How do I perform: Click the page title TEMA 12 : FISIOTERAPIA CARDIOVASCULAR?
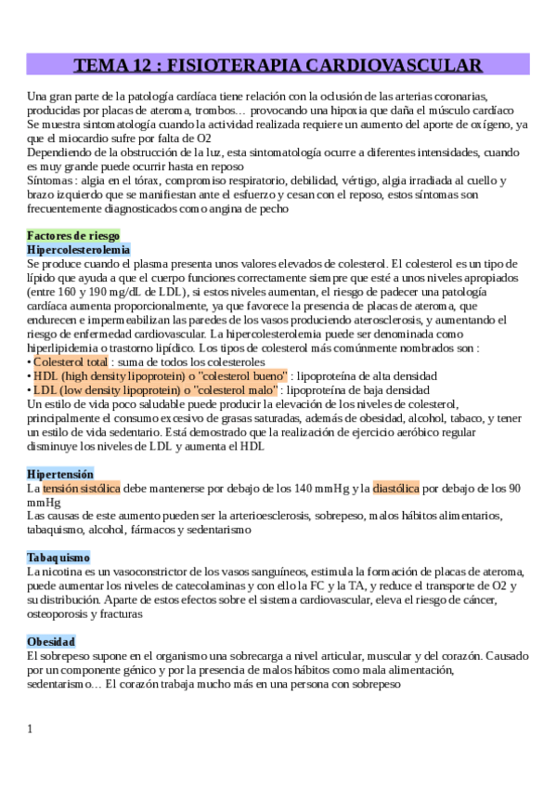278,64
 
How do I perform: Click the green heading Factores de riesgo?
73,235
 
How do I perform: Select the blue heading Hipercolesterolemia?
79,250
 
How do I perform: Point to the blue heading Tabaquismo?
58,558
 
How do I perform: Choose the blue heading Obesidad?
51,641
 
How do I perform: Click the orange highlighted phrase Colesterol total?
71,361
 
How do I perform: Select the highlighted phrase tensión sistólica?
81,488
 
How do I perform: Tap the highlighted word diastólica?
395,488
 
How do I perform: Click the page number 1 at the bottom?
30,728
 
